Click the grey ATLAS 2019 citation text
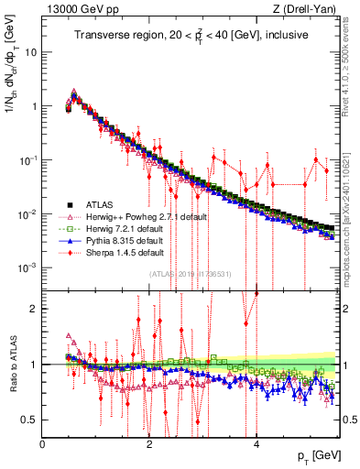coord(190,274)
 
